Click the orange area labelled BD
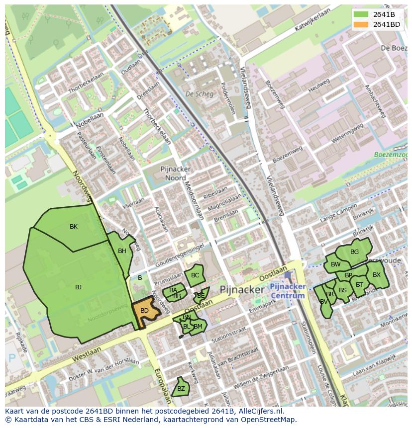[x=144, y=311]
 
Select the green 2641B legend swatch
[x=361, y=14]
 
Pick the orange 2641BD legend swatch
[x=361, y=24]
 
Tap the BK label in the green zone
[x=74, y=227]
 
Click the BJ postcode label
[x=78, y=287]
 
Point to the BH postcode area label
[x=122, y=251]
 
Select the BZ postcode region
[x=181, y=389]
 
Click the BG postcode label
[x=354, y=252]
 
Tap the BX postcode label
[x=377, y=275]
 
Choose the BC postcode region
[x=195, y=275]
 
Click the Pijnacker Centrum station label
[x=287, y=292]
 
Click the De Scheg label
[x=199, y=94]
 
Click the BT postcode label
[x=359, y=285]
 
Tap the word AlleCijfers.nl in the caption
[x=260, y=411]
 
